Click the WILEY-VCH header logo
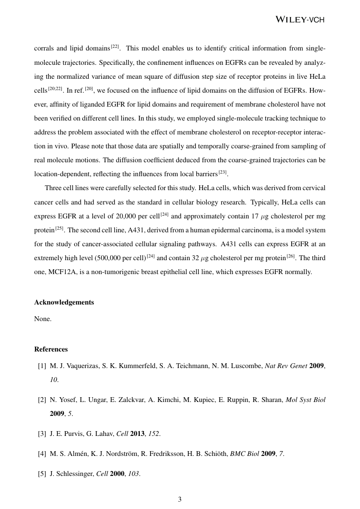coord(301,19)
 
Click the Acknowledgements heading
coord(64,302)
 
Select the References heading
coord(51,349)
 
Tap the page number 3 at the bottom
coord(180,499)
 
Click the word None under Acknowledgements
coord(43,319)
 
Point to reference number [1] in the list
coord(42,366)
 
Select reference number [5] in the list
coord(42,474)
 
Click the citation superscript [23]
coord(223,173)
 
